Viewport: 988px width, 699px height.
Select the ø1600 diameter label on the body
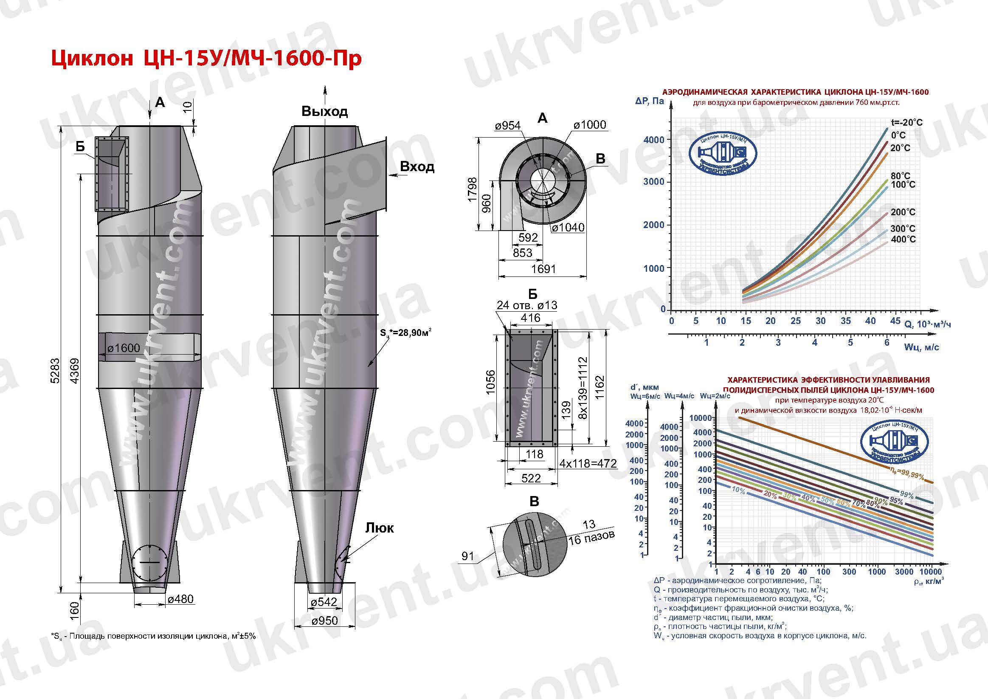point(124,347)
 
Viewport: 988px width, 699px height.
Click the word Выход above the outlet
point(324,112)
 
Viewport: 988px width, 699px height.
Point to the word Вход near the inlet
point(417,166)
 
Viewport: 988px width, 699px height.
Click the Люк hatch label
point(380,528)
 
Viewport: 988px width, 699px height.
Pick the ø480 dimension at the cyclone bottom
point(180,599)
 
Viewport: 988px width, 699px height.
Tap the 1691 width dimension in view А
point(543,269)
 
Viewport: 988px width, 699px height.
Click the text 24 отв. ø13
point(527,305)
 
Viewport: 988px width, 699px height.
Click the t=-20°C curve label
point(906,122)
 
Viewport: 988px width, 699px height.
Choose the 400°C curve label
point(903,240)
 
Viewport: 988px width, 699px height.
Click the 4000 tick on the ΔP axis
point(654,140)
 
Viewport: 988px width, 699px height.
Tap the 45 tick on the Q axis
point(895,321)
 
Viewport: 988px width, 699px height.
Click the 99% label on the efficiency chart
point(906,495)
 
